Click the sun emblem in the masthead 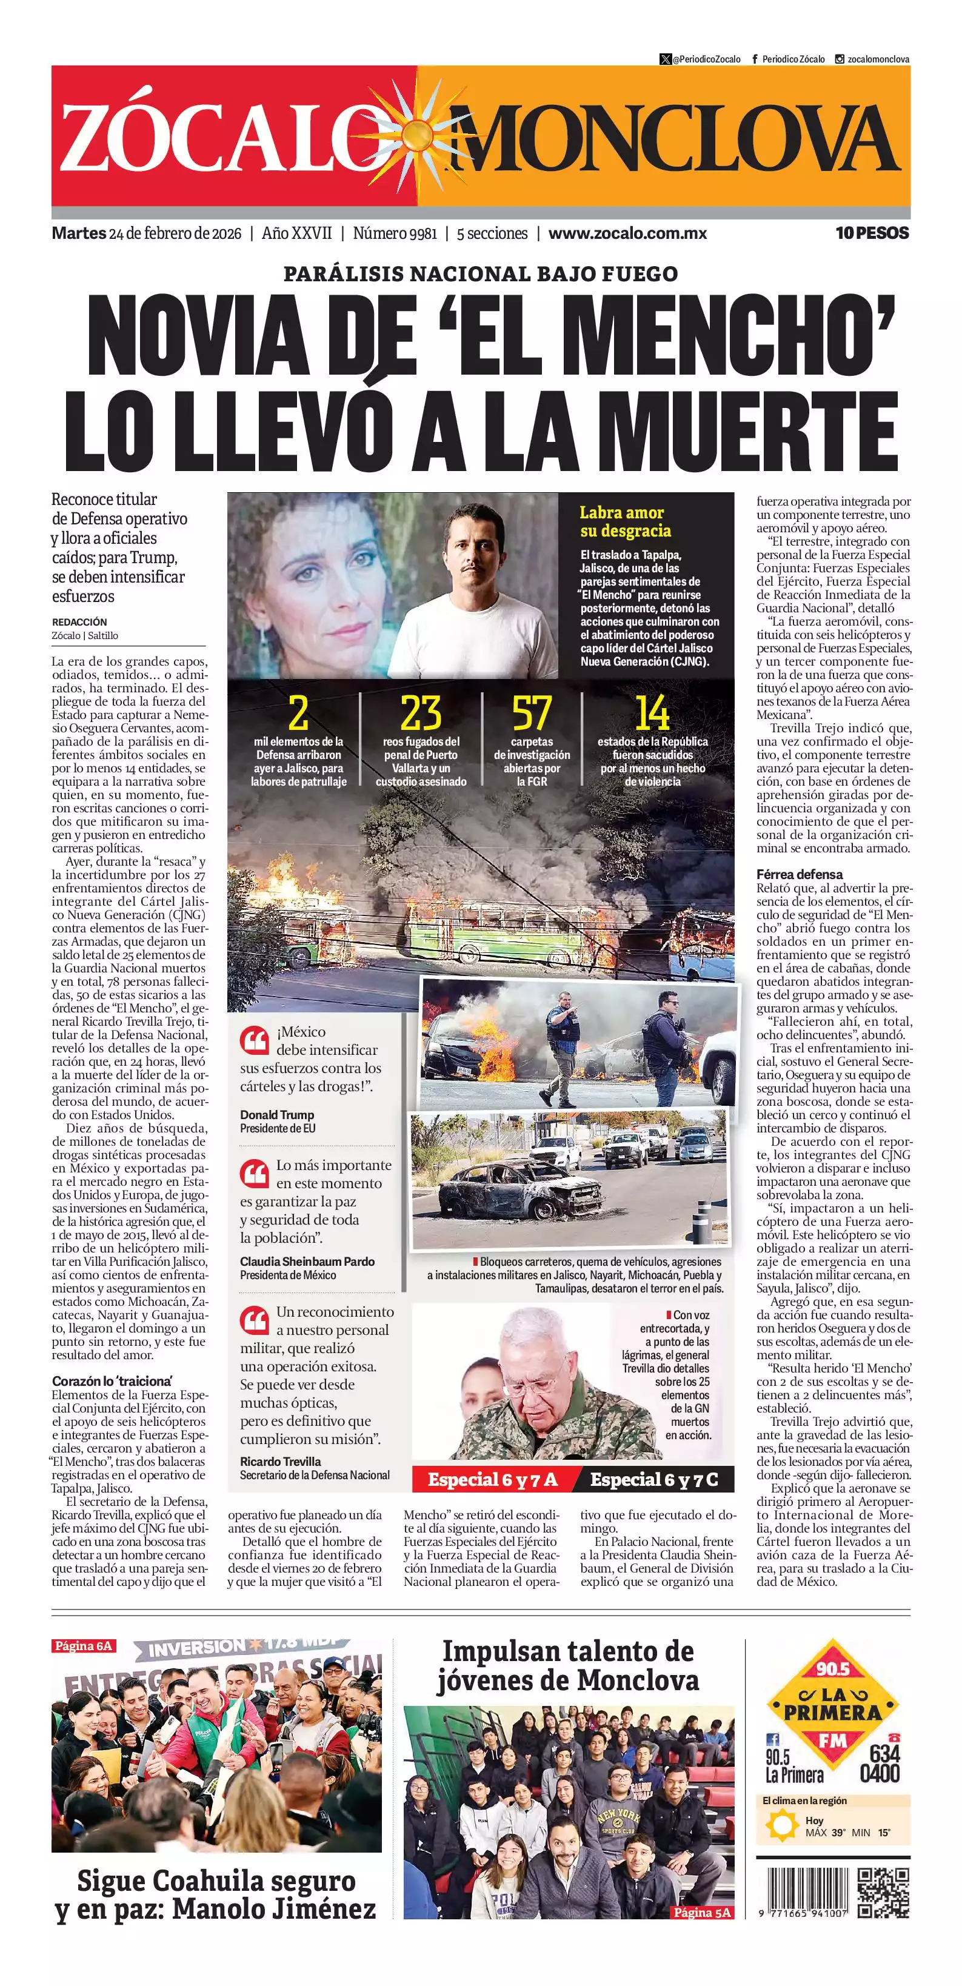pos(417,136)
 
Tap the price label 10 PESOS pos(872,233)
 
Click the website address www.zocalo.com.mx pos(627,233)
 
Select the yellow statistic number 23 pos(420,713)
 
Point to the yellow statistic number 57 pos(532,713)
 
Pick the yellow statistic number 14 pos(652,713)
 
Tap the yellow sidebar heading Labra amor pos(621,513)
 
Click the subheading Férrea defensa pos(800,874)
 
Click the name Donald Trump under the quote pos(277,1115)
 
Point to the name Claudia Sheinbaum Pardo pos(307,1262)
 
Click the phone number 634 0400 pos(880,1763)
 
